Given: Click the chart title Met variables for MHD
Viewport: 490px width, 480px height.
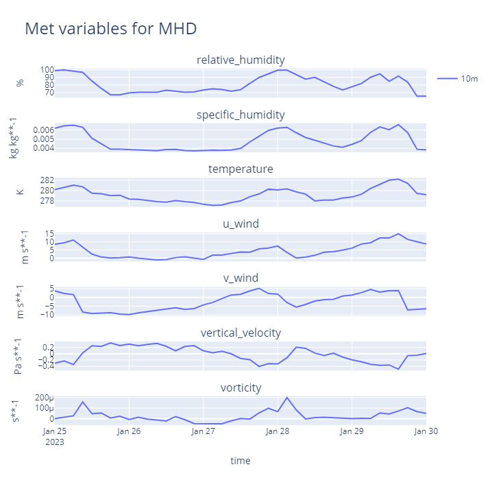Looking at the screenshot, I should tap(110, 29).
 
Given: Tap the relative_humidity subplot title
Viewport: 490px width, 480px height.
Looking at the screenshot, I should tap(240, 60).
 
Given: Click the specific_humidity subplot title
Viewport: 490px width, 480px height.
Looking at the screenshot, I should tap(240, 115).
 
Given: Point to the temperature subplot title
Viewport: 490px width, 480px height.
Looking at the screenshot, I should tap(240, 169).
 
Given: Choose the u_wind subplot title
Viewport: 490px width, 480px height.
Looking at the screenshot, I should tap(240, 224).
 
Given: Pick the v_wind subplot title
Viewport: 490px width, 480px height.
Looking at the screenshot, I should tap(240, 278).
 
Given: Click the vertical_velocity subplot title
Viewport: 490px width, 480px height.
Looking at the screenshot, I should tap(240, 333).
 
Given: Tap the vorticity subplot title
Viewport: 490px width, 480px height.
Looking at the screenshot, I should tap(240, 387).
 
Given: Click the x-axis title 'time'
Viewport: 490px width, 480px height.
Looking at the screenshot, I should tap(240, 461).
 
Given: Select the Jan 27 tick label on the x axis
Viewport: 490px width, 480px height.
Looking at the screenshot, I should tap(203, 431).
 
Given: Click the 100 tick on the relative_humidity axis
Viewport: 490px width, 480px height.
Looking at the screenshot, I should tap(47, 70).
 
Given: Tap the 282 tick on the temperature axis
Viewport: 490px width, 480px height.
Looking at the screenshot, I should tap(47, 180).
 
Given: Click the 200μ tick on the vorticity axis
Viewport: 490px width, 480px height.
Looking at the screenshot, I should tap(43, 398).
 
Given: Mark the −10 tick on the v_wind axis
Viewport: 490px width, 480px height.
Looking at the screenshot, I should tap(45, 314).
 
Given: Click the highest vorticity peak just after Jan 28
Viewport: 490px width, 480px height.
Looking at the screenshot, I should tap(286, 398).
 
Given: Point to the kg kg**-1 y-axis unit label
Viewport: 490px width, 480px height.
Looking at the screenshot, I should tap(14, 138).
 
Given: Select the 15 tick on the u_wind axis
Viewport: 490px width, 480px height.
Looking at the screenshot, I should tap(49, 234).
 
